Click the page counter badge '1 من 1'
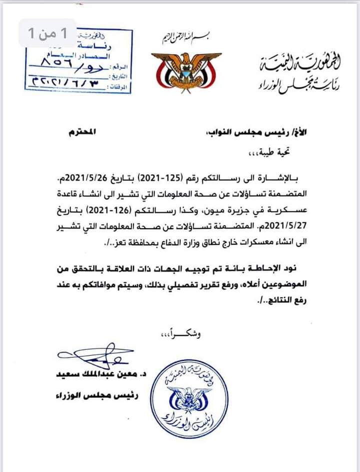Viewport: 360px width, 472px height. [x=47, y=34]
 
